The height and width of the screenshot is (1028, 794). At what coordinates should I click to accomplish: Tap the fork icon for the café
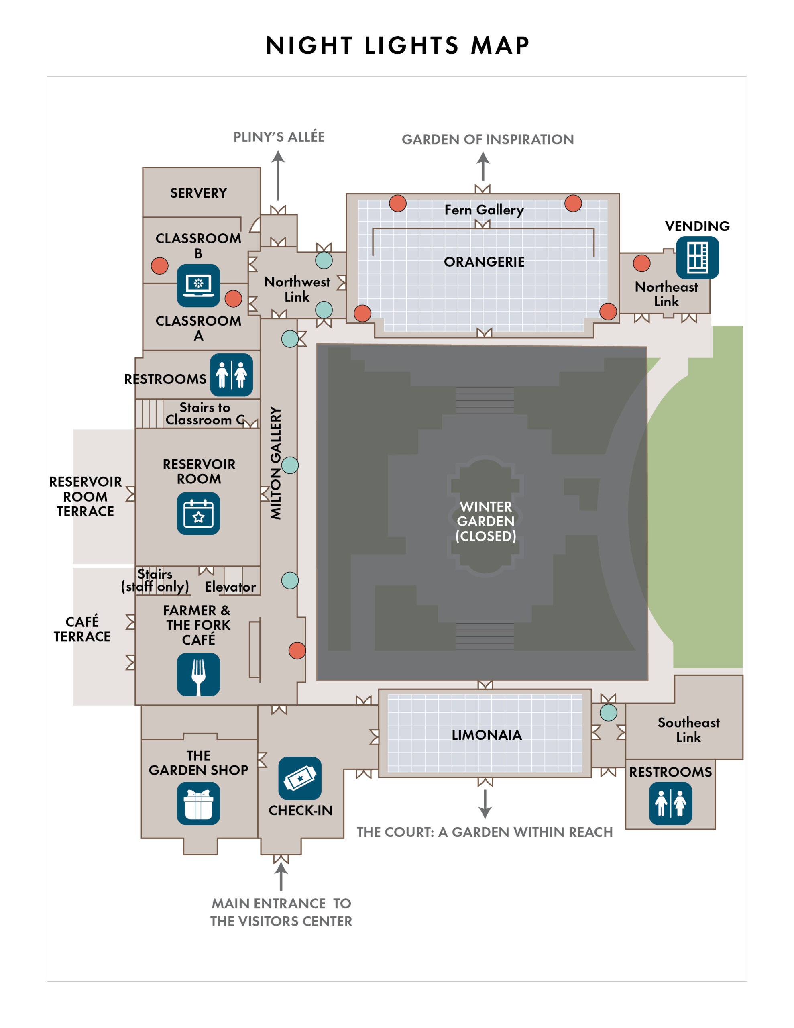pyautogui.click(x=198, y=674)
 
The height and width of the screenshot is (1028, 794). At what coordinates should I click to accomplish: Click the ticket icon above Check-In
pyautogui.click(x=300, y=778)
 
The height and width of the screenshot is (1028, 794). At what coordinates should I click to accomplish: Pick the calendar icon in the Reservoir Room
pyautogui.click(x=198, y=513)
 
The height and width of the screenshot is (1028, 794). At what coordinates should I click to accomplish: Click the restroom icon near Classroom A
pyautogui.click(x=231, y=375)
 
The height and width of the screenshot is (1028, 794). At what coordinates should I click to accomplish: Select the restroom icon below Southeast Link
pyautogui.click(x=670, y=803)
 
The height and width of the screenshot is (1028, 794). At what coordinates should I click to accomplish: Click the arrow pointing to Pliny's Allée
pyautogui.click(x=278, y=175)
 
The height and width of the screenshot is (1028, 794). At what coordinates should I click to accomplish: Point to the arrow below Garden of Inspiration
pyautogui.click(x=483, y=166)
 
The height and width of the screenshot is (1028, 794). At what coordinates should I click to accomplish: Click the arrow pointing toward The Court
pyautogui.click(x=485, y=804)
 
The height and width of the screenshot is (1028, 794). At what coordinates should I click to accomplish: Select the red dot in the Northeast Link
pyautogui.click(x=641, y=263)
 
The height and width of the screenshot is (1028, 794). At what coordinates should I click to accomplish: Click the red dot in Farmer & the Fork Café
pyautogui.click(x=297, y=651)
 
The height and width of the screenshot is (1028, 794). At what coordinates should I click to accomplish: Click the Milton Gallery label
pyautogui.click(x=275, y=463)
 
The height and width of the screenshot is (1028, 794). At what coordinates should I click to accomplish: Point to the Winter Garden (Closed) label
pyautogui.click(x=485, y=521)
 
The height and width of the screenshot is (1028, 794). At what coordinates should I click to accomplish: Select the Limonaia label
pyautogui.click(x=487, y=735)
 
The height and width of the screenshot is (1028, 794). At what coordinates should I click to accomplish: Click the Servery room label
pyautogui.click(x=198, y=193)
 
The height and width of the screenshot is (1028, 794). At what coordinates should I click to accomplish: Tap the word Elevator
pyautogui.click(x=230, y=587)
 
